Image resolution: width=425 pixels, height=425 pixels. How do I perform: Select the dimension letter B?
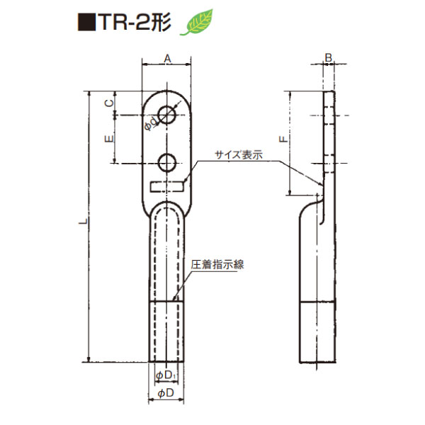pos(329,57)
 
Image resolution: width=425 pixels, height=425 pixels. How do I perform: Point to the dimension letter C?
pos(108,103)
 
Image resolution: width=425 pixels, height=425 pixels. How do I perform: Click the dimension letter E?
pos(108,140)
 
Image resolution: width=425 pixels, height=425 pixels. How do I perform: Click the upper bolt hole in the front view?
pos(168,115)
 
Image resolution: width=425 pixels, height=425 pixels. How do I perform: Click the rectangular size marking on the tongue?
pos(168,186)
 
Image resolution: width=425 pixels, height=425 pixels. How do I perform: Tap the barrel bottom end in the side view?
pos(317,361)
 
